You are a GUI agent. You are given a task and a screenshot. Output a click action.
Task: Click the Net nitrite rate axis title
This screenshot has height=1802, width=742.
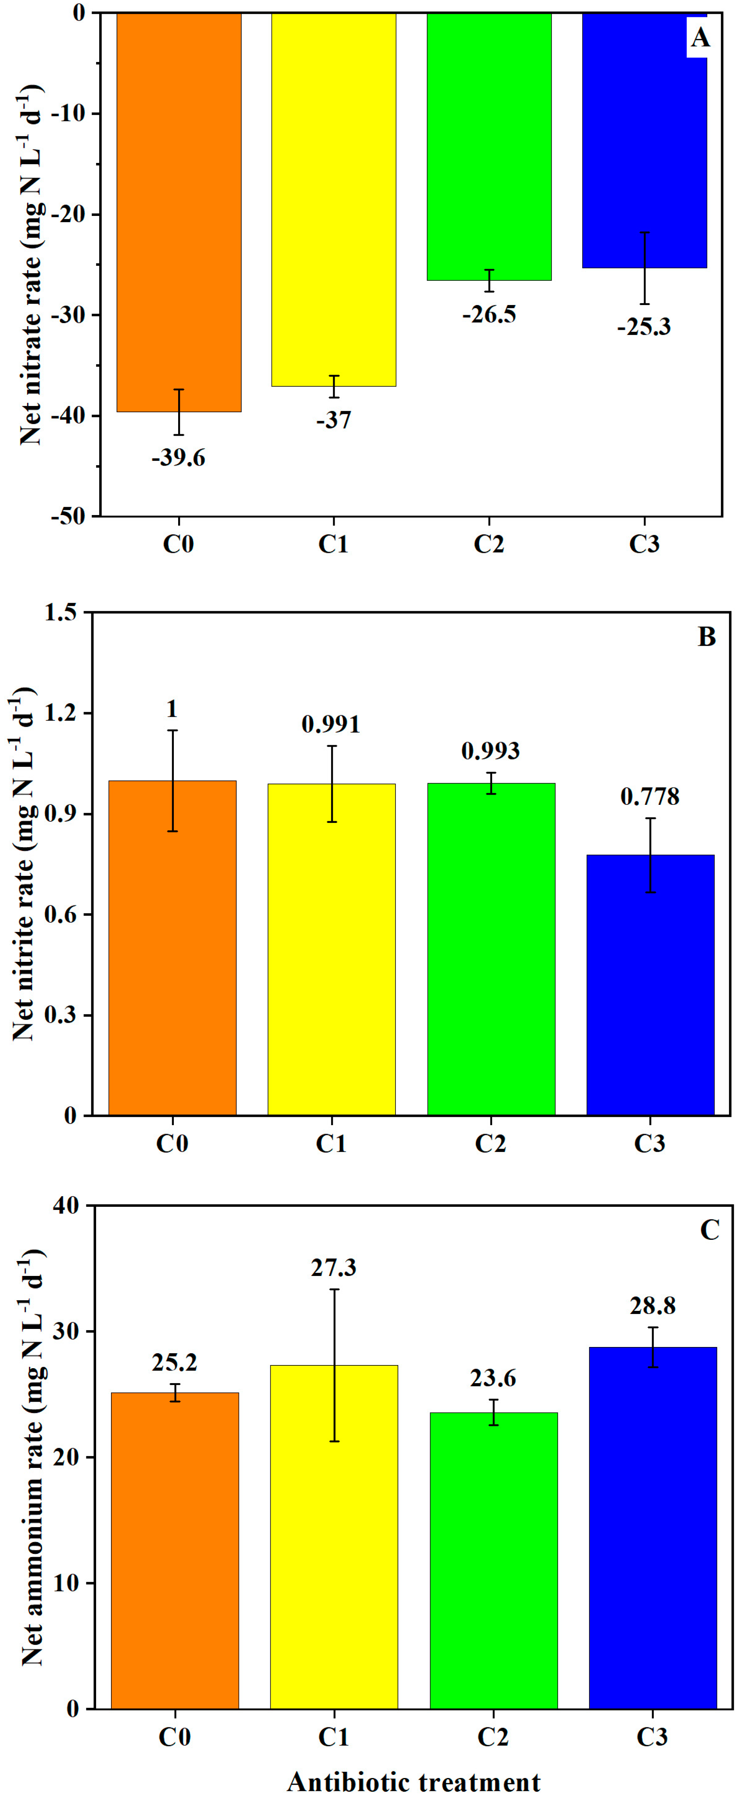(24, 864)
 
